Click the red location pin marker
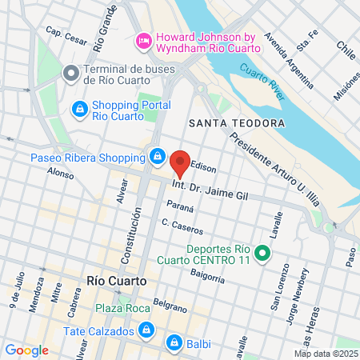click(180, 163)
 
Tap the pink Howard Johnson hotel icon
click(145, 38)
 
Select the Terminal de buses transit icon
click(70, 74)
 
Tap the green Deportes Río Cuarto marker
click(269, 255)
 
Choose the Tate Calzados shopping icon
click(146, 329)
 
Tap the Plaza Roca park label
click(118, 309)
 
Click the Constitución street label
click(126, 241)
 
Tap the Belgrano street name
click(170, 305)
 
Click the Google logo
click(26, 350)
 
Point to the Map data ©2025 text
click(326, 354)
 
